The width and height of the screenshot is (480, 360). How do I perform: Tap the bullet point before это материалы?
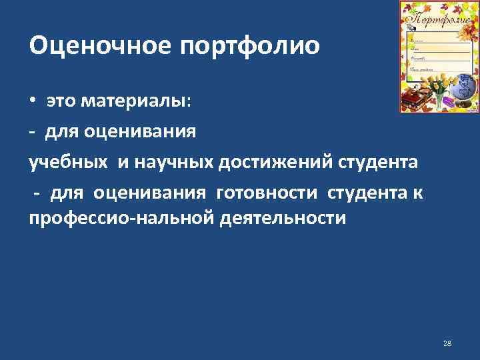33,101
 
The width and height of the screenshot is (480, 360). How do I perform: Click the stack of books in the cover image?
414,99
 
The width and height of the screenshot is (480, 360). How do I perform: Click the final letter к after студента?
419,193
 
